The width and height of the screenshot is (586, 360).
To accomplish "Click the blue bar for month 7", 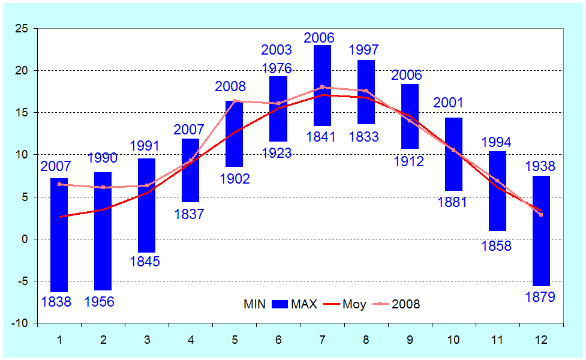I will click(322, 85).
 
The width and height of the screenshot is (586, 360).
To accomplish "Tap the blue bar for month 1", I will click(59, 235).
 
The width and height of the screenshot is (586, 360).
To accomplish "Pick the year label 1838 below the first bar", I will click(56, 302).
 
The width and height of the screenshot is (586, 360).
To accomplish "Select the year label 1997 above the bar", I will click(363, 49).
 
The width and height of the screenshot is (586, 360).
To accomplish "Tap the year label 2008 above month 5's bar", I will click(230, 88).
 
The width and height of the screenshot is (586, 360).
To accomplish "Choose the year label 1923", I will click(276, 153).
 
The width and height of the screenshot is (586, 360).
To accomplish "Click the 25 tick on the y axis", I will click(22, 28).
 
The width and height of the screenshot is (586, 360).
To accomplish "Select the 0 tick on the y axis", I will click(25, 239).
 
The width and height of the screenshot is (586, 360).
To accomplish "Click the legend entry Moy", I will click(354, 304).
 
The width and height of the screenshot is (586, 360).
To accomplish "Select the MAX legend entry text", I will click(304, 304).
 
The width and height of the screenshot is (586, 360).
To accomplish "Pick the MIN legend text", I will click(254, 304).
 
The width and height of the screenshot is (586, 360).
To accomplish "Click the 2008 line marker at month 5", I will click(235, 101).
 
